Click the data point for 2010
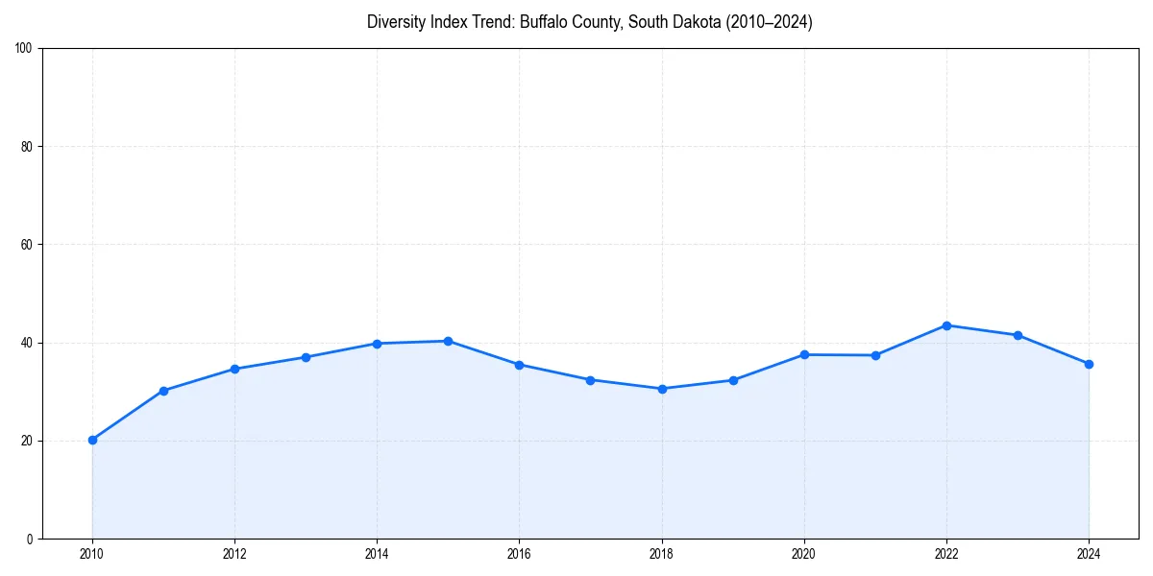point(92,440)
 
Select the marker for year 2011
point(163,391)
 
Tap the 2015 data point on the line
point(448,341)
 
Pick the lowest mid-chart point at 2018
point(662,389)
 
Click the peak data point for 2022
point(946,325)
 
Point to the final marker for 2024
point(1089,364)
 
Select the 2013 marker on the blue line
point(306,357)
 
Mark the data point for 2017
point(590,380)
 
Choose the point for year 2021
point(875,355)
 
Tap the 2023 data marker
point(1018,335)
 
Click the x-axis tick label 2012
point(234,553)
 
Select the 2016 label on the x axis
point(519,553)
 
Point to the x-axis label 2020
point(804,553)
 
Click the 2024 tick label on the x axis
point(1089,553)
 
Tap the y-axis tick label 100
point(24,48)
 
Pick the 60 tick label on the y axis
point(27,245)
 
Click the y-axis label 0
point(30,539)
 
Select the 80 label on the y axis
point(27,147)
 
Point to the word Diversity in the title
point(395,22)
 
